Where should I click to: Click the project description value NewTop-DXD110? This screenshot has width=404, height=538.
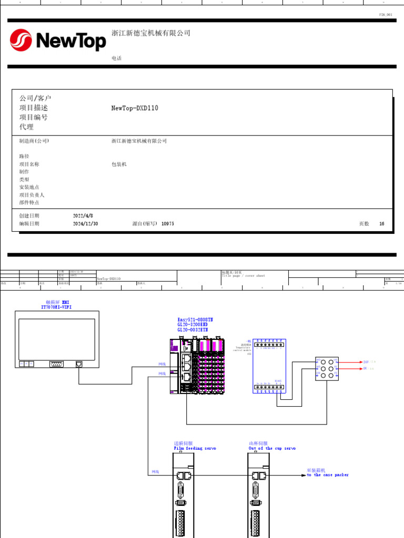(x=135, y=108)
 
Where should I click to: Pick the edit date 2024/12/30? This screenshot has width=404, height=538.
(x=86, y=224)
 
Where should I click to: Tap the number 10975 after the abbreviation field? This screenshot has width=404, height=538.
(x=168, y=224)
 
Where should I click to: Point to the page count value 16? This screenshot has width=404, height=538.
(x=382, y=224)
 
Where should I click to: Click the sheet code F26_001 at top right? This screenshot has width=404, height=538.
(x=386, y=15)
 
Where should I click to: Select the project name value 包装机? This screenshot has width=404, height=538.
(x=119, y=164)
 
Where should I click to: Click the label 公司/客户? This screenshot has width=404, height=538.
(x=35, y=99)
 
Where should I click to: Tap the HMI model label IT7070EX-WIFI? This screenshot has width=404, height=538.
(x=56, y=307)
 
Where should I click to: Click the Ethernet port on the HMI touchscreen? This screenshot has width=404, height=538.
(x=79, y=363)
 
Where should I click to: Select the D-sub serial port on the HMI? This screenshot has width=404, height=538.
(x=56, y=363)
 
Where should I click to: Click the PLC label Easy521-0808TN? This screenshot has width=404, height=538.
(x=195, y=319)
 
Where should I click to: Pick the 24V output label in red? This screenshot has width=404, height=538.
(x=367, y=362)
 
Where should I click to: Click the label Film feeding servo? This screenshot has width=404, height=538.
(x=195, y=449)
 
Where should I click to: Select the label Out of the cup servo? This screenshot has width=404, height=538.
(x=272, y=449)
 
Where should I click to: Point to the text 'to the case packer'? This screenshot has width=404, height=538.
(x=328, y=475)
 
